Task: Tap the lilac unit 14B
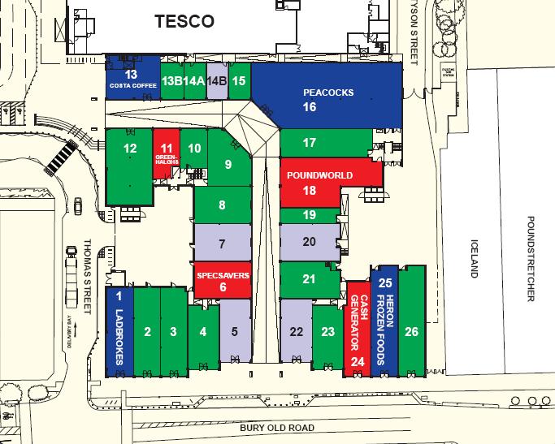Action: tap(217, 81)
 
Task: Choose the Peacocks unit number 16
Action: tap(310, 106)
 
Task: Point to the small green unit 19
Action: tap(309, 215)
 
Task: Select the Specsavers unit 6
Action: tap(223, 281)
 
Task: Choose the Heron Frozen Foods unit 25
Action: tap(385, 321)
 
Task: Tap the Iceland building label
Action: tap(476, 260)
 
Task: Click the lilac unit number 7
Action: tap(222, 244)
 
